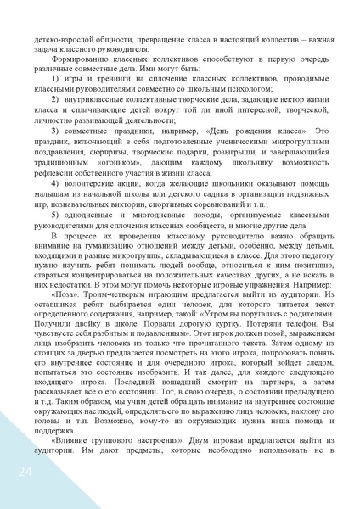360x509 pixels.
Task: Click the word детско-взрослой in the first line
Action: [65, 39]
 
